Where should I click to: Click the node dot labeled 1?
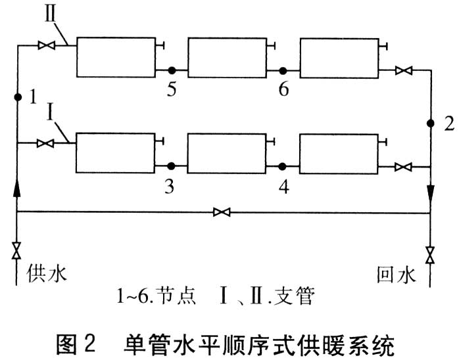coord(18,97)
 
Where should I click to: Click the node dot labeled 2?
coord(430,123)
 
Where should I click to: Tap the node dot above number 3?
coord(170,166)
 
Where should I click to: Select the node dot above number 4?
coord(282,166)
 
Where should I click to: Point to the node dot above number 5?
coord(170,70)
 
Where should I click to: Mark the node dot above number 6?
coord(282,70)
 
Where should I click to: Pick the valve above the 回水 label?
coord(430,252)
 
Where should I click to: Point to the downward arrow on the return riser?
coord(430,191)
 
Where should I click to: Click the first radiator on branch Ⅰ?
coord(114,152)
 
